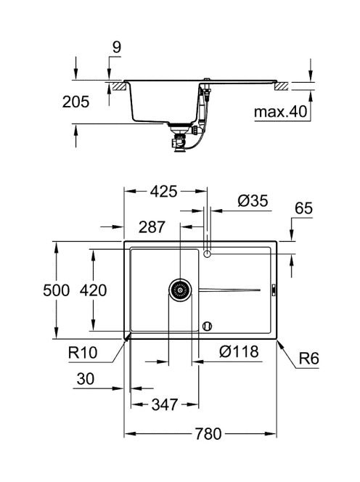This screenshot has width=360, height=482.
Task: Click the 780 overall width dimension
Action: [x=208, y=434]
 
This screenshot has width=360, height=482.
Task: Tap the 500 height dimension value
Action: [x=57, y=290]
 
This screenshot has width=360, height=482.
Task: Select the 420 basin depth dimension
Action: [x=93, y=290]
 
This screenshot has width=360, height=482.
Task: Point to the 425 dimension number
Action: [x=163, y=192]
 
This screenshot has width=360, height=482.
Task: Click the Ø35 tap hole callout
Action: [x=253, y=201]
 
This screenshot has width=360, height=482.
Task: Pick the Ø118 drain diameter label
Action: [x=239, y=351]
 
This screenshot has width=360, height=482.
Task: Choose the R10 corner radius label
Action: [x=83, y=352]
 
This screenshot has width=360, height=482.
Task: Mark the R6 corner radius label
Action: [x=309, y=359]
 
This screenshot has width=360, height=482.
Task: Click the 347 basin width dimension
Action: [x=165, y=404]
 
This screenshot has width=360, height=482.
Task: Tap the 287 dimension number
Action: [x=152, y=227]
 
